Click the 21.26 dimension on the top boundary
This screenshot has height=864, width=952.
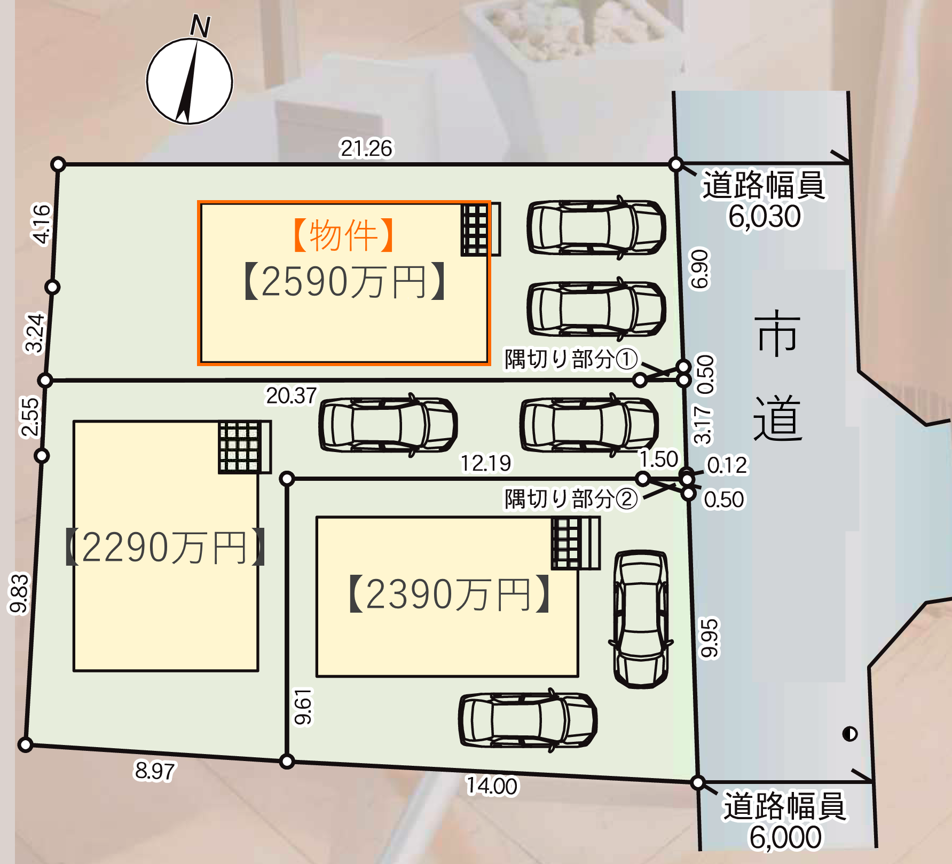click(366, 148)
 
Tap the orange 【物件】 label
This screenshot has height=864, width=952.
click(344, 235)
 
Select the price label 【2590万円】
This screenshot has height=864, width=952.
click(344, 281)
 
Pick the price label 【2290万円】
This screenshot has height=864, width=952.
click(166, 547)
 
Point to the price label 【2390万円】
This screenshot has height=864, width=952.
click(449, 593)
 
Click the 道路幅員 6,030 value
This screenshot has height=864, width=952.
click(765, 216)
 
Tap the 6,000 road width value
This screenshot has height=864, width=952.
click(785, 837)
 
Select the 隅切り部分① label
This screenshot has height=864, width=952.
click(571, 359)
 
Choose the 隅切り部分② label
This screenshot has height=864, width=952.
click(571, 500)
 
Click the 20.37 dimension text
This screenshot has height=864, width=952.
click(292, 396)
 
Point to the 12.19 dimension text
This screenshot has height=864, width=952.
click(486, 463)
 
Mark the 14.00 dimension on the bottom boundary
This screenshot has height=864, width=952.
click(492, 786)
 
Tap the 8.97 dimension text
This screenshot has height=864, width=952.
click(155, 771)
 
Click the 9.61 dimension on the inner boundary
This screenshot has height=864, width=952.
click(303, 707)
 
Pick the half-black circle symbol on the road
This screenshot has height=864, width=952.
click(849, 734)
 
